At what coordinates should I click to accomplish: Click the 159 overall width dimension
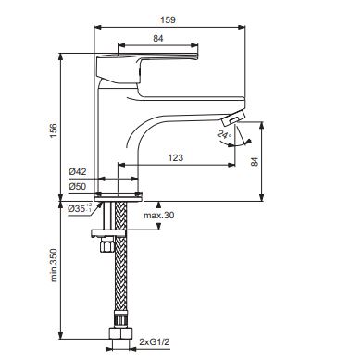(x=168, y=20)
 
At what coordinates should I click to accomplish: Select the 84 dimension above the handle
(x=158, y=39)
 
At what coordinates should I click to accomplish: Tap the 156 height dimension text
(x=54, y=130)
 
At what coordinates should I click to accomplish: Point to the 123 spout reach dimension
(x=176, y=157)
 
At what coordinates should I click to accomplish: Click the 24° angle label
(x=224, y=134)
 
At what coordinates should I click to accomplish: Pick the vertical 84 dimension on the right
(x=255, y=162)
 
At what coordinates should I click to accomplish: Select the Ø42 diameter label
(x=78, y=171)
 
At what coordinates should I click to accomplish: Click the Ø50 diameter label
(x=78, y=186)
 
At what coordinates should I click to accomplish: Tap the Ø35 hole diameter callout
(x=80, y=208)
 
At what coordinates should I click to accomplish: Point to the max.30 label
(x=158, y=216)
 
